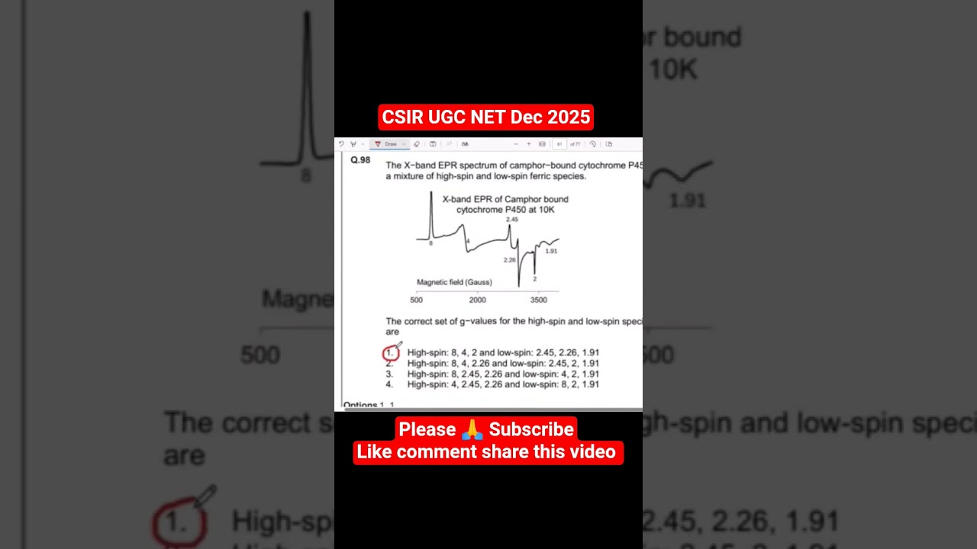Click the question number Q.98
point(360,160)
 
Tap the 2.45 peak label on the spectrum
point(511,220)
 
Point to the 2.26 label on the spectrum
point(509,260)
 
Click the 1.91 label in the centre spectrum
point(550,251)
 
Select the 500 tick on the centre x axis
point(416,300)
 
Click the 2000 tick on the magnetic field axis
point(477,300)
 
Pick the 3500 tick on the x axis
point(538,300)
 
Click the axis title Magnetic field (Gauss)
point(454,282)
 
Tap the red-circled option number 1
point(390,353)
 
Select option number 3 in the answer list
point(389,374)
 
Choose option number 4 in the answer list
point(389,385)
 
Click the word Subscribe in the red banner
point(531,429)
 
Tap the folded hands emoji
point(472,430)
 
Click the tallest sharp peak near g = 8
point(431,200)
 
